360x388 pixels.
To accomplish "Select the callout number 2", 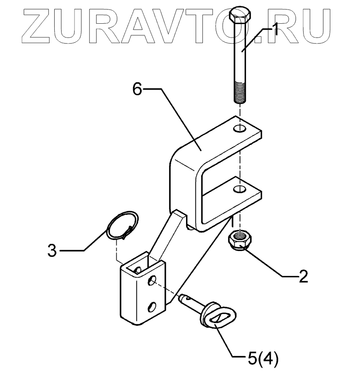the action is point(303,276).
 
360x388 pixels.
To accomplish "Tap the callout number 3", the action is point(52,250).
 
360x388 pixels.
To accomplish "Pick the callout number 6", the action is point(137,90).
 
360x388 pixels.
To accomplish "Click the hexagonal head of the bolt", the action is point(239,16).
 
